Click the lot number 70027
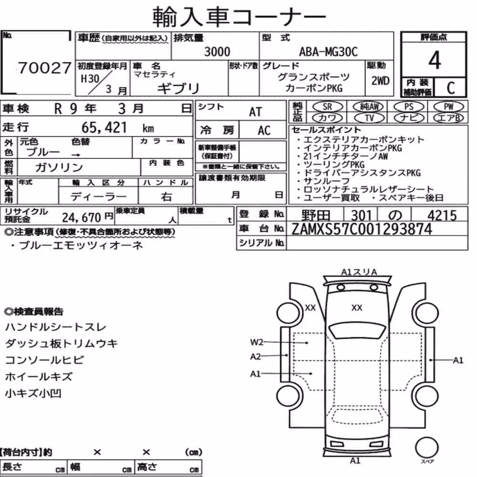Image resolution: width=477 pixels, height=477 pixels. [44, 68]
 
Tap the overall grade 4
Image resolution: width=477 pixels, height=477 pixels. [435, 60]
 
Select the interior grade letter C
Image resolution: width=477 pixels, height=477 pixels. [451, 88]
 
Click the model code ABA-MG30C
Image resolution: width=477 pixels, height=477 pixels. [328, 52]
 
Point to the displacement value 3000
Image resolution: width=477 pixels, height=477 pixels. [217, 52]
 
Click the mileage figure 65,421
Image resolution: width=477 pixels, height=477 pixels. [104, 127]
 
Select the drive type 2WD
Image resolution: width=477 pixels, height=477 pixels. [380, 81]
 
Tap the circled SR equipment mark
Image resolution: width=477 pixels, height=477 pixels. [327, 107]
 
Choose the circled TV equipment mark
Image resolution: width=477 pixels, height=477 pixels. [369, 118]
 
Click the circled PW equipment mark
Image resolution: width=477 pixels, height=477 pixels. [448, 107]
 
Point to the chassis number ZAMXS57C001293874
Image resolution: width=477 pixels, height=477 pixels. [362, 229]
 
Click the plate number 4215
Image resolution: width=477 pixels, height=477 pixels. [442, 216]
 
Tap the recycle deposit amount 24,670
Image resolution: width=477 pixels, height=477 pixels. [82, 218]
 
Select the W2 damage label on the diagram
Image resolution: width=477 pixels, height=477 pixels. [257, 342]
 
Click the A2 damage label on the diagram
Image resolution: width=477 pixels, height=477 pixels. [255, 356]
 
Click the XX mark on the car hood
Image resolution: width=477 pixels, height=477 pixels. [356, 308]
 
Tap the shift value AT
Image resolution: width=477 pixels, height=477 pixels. [255, 112]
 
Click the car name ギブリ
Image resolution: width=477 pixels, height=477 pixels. [178, 89]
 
